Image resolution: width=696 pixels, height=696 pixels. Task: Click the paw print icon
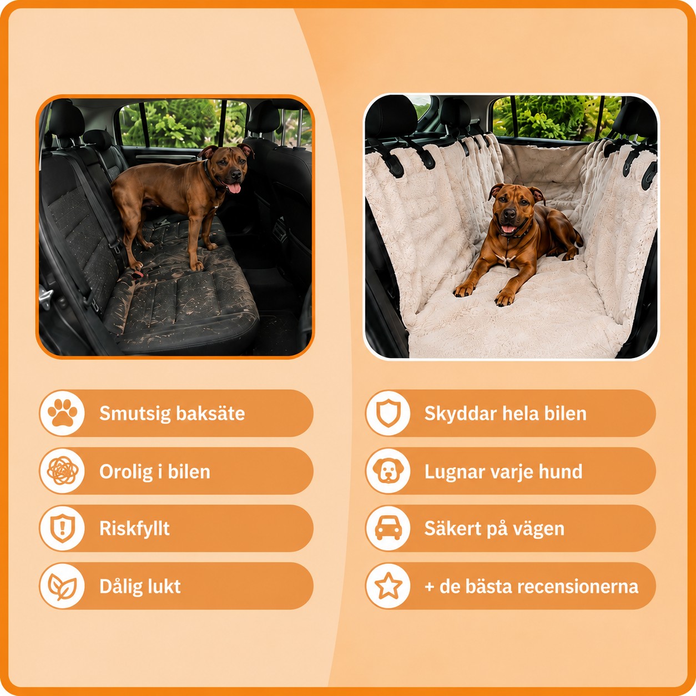coord(63,413)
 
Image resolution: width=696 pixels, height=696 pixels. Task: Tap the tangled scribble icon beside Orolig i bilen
coord(63,471)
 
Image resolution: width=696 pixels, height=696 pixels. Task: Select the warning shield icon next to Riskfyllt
coord(63,528)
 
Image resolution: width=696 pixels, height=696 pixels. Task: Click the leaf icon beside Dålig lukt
coord(63,587)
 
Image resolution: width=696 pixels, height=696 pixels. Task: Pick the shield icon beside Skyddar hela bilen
coord(389,413)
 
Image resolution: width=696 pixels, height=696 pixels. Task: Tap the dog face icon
coord(389,471)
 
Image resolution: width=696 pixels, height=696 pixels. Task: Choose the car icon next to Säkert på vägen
coord(389,528)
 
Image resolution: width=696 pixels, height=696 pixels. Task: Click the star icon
coord(389,586)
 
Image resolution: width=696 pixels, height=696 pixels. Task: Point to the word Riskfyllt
coord(134,528)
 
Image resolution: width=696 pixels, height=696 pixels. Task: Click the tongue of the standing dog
coord(234,188)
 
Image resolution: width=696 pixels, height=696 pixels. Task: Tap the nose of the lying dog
coord(510,214)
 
